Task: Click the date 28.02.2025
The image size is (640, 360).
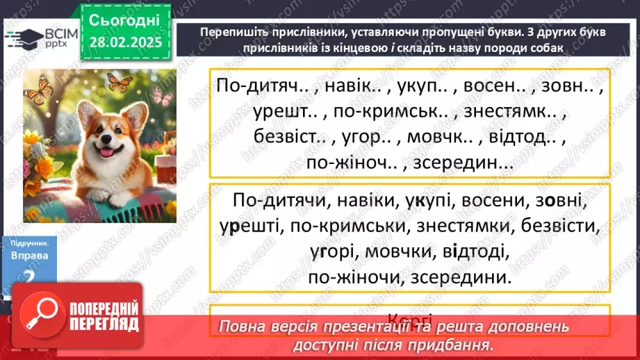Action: pos(125,42)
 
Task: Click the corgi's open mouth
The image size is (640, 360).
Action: pos(109,154)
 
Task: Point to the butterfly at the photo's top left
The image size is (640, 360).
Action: pos(39,88)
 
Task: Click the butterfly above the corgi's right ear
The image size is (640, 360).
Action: pos(120,83)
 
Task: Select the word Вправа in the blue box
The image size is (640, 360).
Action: pos(29,255)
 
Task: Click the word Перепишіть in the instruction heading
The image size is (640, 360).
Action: pos(230,32)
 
